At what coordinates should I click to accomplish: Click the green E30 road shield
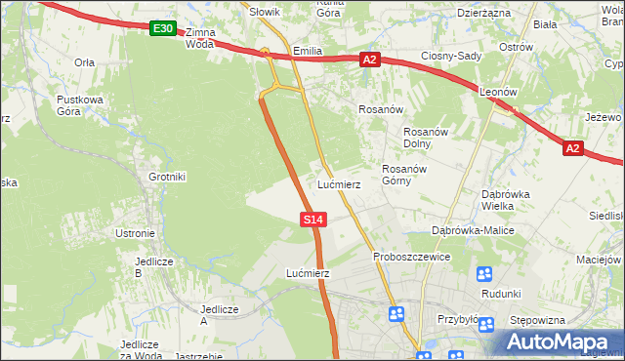point(163,29)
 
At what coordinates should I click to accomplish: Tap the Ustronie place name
point(135,233)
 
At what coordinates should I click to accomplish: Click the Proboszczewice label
point(411,257)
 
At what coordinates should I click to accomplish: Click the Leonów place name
point(499,93)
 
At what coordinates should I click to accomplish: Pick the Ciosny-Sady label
point(451,56)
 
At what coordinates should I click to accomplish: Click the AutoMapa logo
point(561,341)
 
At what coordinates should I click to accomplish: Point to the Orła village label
point(84,60)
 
